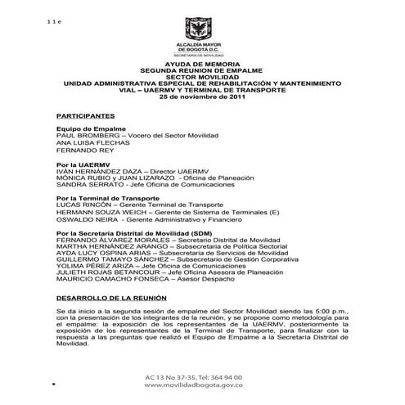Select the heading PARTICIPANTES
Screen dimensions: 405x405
coord(85,116)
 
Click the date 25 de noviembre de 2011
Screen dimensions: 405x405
coord(202,97)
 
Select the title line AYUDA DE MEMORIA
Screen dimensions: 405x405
coord(202,65)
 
